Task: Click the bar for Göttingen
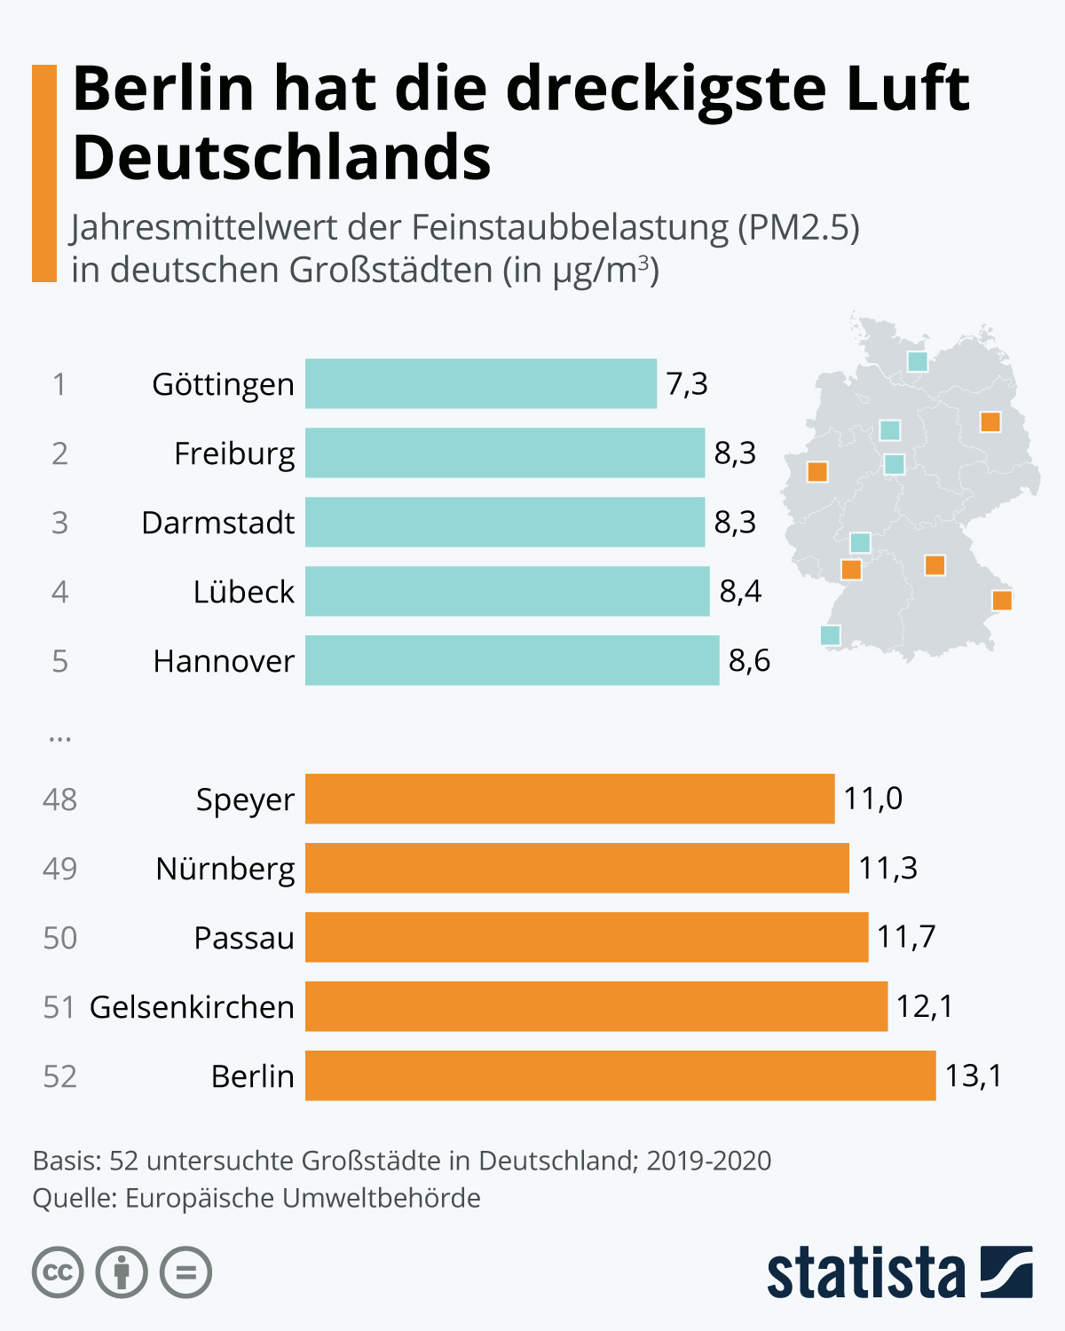point(480,383)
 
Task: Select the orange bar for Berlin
point(619,1075)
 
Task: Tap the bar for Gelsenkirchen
point(596,1006)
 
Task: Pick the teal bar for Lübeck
point(507,591)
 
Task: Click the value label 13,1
point(973,1075)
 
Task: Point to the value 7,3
point(687,383)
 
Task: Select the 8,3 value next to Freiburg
point(735,453)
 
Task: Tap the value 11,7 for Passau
point(906,937)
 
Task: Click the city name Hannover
point(224,661)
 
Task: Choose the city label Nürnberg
point(225,869)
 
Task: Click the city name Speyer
point(245,799)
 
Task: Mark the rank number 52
point(60,1076)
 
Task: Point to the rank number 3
point(59,523)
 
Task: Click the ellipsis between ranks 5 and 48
point(59,737)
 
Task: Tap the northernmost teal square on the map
point(918,361)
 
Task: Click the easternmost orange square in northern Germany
point(990,421)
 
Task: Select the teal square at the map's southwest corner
point(830,634)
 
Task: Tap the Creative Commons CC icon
point(58,1272)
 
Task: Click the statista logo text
point(865,1274)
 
